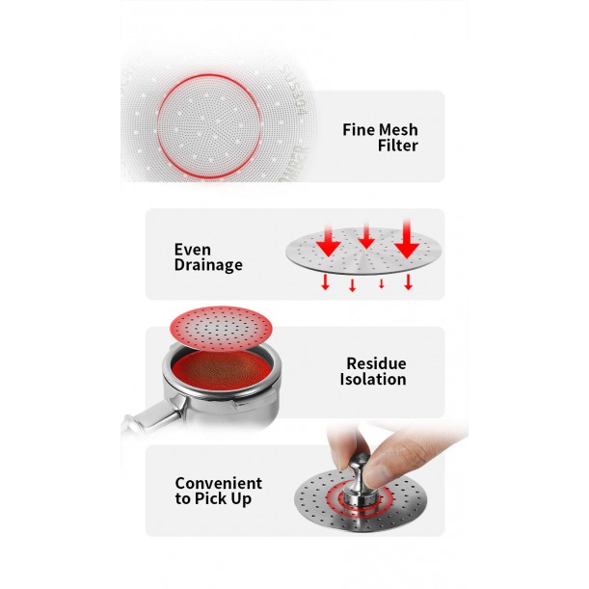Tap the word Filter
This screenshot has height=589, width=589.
pyautogui.click(x=398, y=146)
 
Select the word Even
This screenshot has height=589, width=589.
pyautogui.click(x=193, y=250)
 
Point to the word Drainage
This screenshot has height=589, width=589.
pyautogui.click(x=208, y=265)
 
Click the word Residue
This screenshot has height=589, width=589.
pyautogui.click(x=376, y=363)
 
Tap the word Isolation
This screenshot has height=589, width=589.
pyautogui.click(x=373, y=380)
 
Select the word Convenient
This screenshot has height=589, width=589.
pyautogui.click(x=219, y=484)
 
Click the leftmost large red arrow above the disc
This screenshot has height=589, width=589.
pyautogui.click(x=329, y=242)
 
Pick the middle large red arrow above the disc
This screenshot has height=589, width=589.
pyautogui.click(x=366, y=235)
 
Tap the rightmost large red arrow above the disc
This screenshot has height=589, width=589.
pyautogui.click(x=407, y=239)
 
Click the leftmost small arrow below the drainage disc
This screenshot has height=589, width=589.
pyautogui.click(x=325, y=282)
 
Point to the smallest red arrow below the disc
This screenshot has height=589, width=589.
pyautogui.click(x=382, y=283)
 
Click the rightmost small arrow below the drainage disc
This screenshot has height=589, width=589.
pyautogui.click(x=409, y=281)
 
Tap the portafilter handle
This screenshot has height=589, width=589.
pyautogui.click(x=154, y=416)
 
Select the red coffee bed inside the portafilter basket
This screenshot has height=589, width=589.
pyautogui.click(x=222, y=372)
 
